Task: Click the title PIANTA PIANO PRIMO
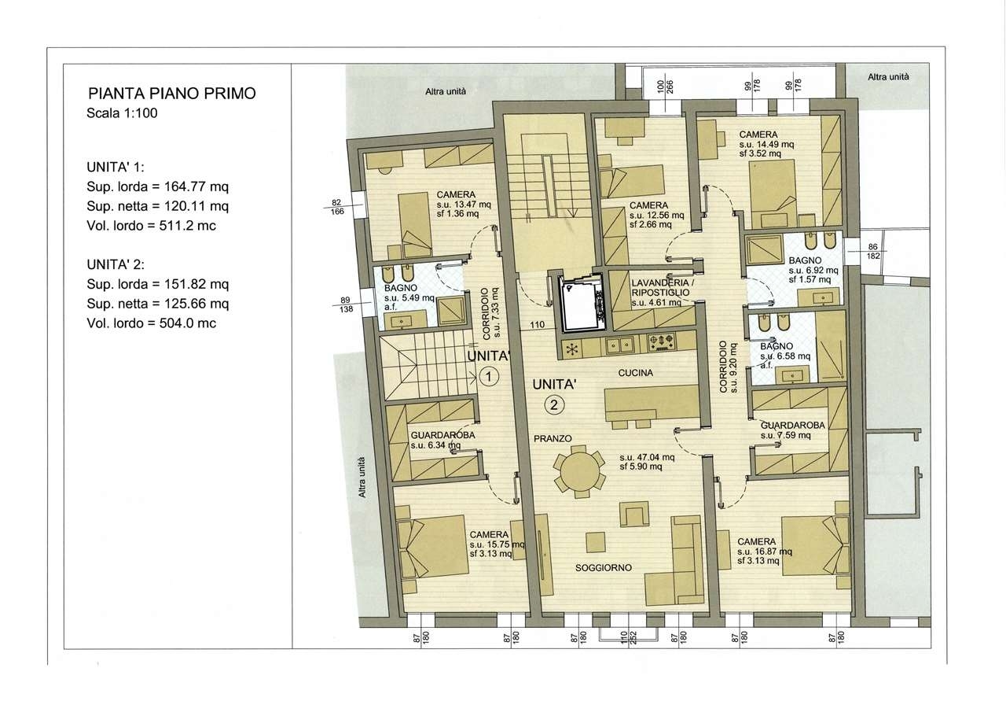coord(172,94)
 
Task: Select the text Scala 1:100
coord(122,113)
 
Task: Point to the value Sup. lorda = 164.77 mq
coord(158,186)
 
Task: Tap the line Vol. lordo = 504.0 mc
coord(152,323)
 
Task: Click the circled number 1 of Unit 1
coord(489,376)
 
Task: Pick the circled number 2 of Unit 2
coord(554,405)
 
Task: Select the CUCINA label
coord(636,373)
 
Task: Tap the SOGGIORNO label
coord(604,568)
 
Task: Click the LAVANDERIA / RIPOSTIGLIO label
coord(660,288)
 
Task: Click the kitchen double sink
coord(620,345)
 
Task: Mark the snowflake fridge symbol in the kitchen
coord(571,349)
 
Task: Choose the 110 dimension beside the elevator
coord(537,325)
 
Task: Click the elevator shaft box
coord(582,304)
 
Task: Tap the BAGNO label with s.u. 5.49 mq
coord(409,297)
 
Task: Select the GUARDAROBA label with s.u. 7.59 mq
coord(793,430)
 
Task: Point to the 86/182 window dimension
coord(873,251)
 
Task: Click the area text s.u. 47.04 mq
coord(647,457)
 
